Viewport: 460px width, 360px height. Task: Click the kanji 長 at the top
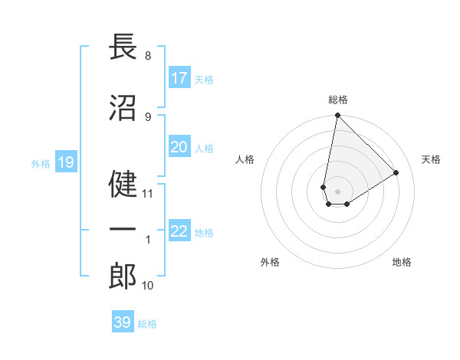pos(123,47)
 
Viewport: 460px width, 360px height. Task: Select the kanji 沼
pos(123,109)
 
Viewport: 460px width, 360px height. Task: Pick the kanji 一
pos(123,231)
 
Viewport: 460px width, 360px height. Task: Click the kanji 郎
pos(123,277)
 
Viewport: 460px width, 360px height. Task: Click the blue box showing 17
pos(179,78)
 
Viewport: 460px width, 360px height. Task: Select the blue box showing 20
pos(179,147)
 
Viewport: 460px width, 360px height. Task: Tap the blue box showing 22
pos(179,231)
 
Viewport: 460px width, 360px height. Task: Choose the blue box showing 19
pos(65,162)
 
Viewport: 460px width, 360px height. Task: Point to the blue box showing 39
pos(123,322)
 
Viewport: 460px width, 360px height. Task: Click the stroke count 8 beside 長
pos(147,56)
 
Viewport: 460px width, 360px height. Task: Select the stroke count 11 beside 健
pos(148,194)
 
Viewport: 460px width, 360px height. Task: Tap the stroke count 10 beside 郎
pos(148,286)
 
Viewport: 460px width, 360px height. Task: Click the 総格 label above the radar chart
pos(337,100)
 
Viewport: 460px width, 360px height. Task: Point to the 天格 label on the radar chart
pos(431,159)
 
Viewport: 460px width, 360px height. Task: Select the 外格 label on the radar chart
pos(270,262)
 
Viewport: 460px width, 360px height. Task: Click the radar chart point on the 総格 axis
pos(337,116)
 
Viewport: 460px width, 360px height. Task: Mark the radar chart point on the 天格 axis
pos(396,172)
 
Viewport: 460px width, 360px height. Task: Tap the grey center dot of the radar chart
pos(337,190)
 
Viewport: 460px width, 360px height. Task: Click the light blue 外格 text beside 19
pos(41,163)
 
